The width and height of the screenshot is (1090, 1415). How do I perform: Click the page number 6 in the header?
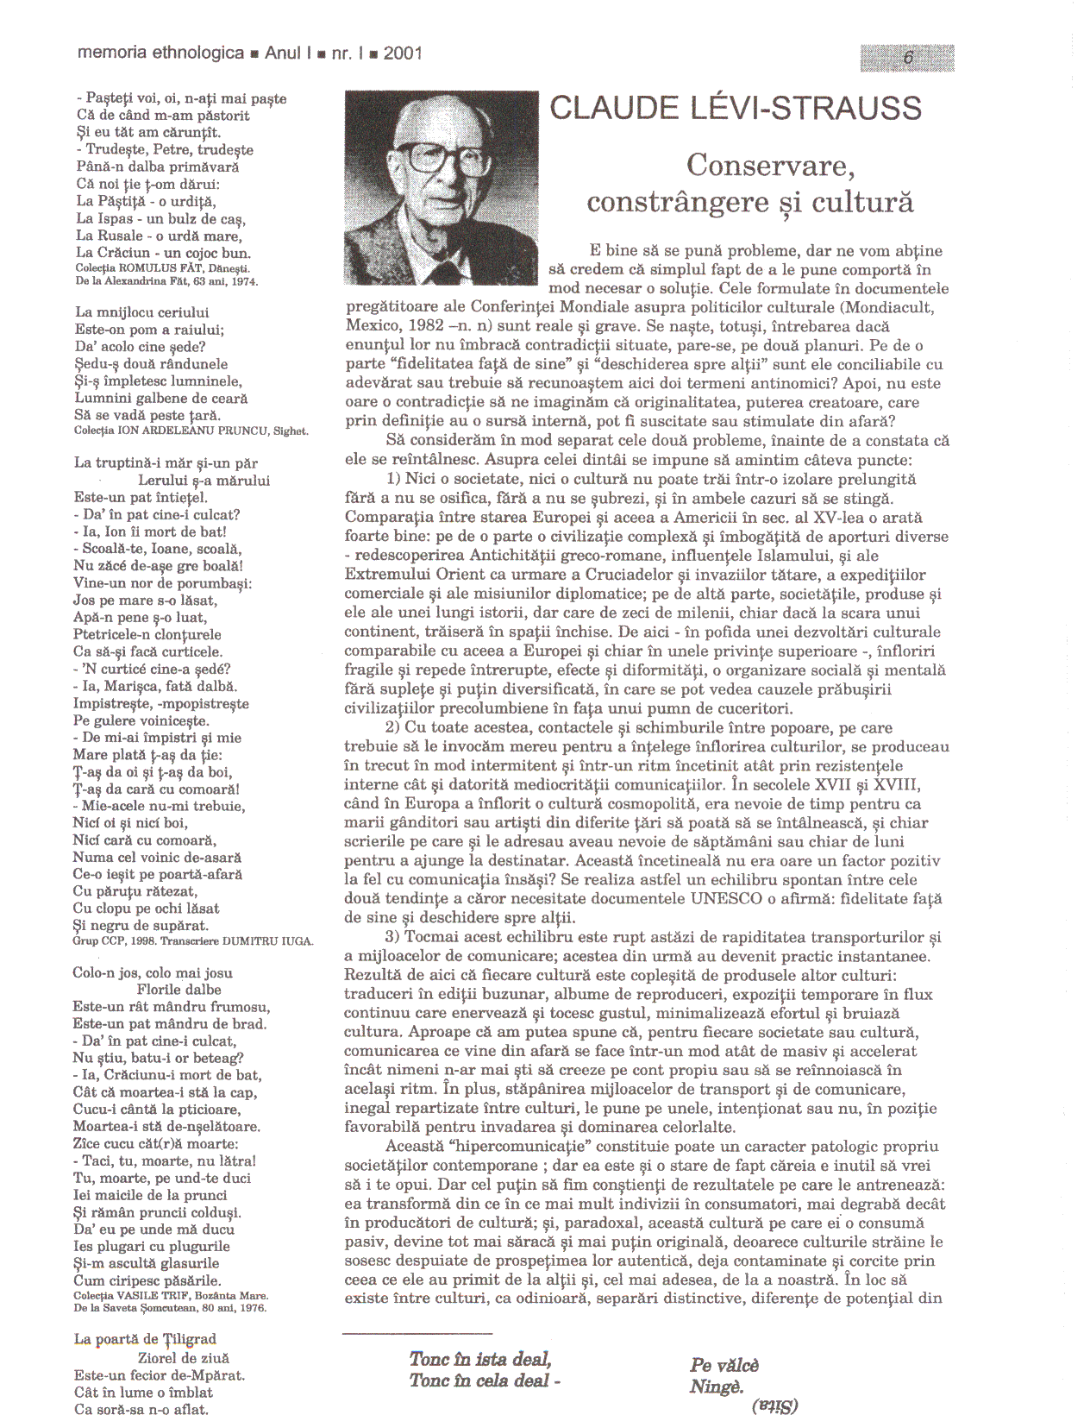[907, 58]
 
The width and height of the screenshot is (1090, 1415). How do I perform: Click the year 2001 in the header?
[403, 53]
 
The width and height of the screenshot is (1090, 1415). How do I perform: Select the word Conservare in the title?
[759, 164]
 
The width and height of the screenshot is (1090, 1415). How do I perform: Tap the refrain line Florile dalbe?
[179, 990]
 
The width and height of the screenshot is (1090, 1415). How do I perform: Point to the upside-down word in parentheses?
[775, 1406]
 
